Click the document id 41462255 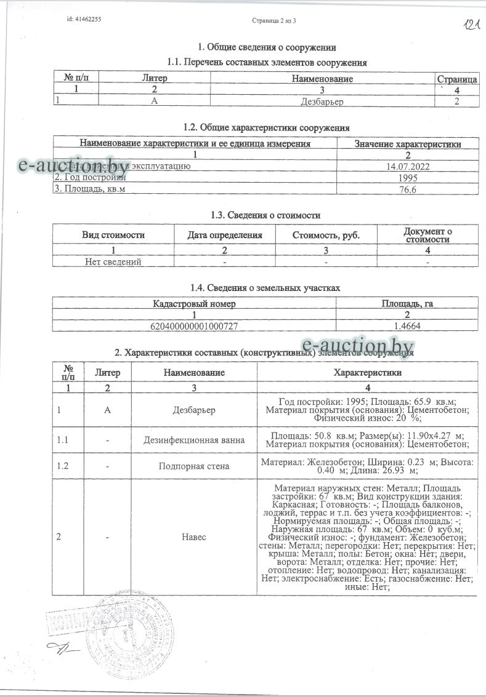(84, 20)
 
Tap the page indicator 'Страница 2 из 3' (275, 20)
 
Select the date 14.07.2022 (408, 166)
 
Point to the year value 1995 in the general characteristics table (408, 178)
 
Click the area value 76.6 (408, 189)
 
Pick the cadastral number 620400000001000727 (194, 326)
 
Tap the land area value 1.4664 (408, 326)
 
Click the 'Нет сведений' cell (113, 261)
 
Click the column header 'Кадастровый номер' (194, 304)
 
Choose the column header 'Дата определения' (225, 235)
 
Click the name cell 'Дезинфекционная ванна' (194, 440)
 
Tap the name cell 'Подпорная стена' (194, 466)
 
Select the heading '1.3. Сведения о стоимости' (265, 215)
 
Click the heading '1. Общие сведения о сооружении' (267, 47)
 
